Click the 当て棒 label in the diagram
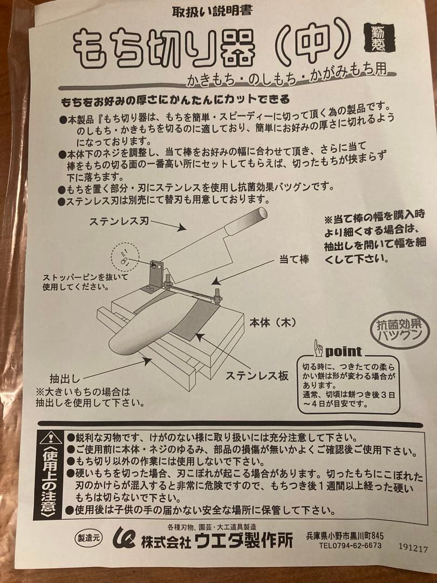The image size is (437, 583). pos(293,260)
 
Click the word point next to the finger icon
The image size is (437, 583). pos(343,351)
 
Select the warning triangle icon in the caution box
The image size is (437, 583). pos(50,437)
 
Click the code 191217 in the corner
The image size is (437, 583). pos(413,548)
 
